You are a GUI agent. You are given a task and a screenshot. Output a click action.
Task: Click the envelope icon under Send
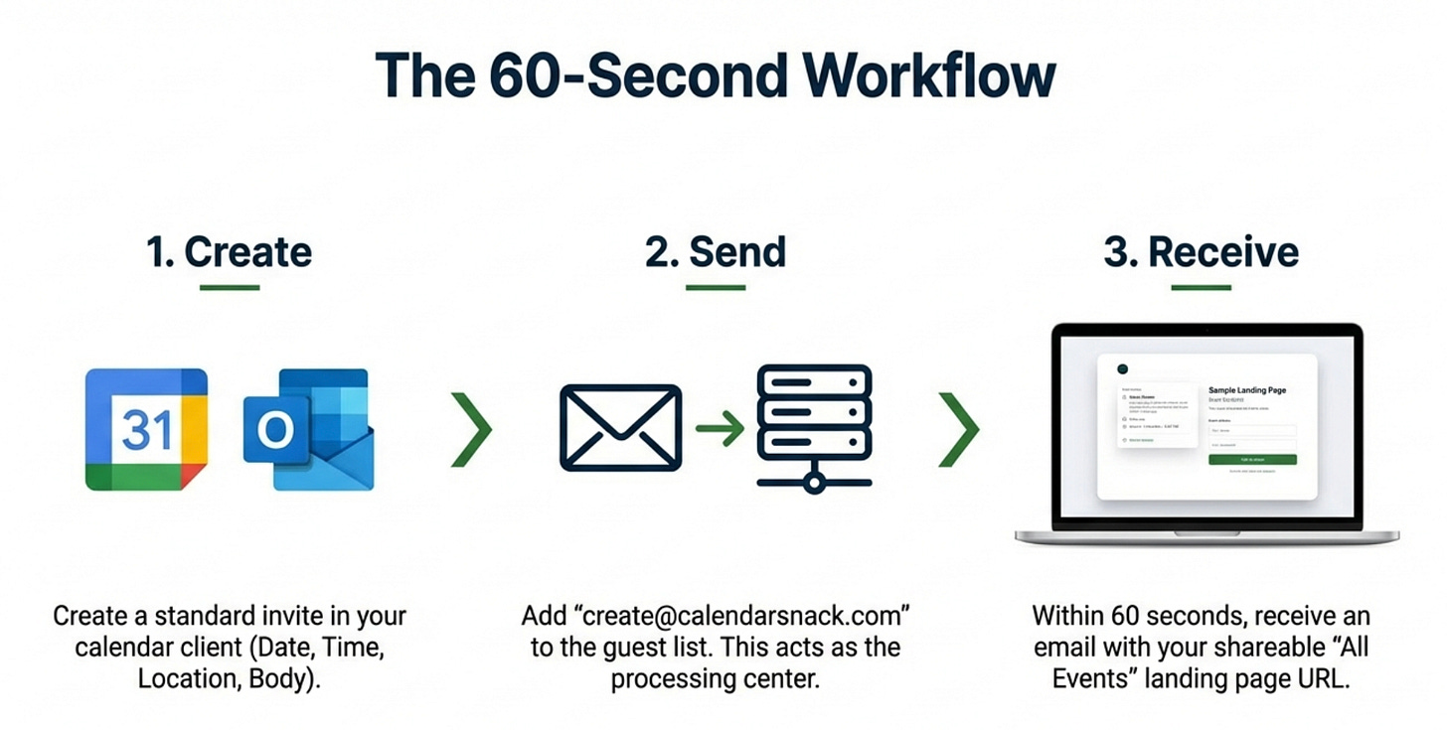(620, 428)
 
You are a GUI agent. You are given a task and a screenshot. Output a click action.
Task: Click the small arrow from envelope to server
(720, 428)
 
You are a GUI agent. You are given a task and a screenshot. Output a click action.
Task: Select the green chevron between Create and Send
(471, 429)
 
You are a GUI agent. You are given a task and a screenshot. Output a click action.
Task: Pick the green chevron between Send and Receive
(959, 429)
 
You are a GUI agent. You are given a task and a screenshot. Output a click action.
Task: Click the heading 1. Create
(230, 252)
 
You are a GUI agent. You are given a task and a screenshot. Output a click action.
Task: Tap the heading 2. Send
(716, 252)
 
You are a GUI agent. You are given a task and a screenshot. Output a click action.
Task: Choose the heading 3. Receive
(1201, 252)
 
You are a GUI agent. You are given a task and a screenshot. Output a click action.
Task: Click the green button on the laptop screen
(1252, 460)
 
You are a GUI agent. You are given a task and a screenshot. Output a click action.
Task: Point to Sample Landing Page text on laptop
(1247, 390)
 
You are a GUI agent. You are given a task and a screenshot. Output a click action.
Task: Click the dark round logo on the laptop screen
(1123, 368)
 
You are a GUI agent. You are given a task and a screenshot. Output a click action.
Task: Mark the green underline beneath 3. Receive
(1201, 288)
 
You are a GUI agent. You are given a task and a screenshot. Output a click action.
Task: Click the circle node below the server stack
(814, 484)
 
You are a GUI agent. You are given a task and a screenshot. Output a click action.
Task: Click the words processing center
(716, 680)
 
